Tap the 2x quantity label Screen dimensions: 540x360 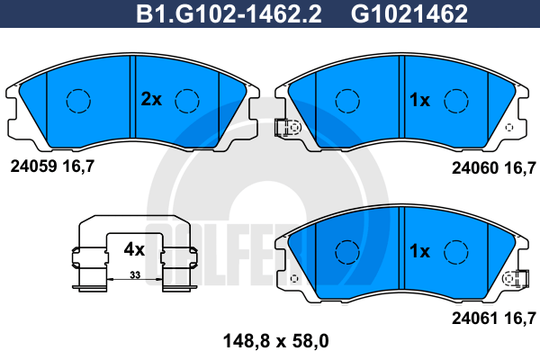pos(150,100)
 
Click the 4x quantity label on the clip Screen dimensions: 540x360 pos(134,247)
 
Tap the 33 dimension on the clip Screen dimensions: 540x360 pos(134,274)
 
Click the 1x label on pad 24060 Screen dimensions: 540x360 pos(419,101)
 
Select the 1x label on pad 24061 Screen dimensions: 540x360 pos(419,251)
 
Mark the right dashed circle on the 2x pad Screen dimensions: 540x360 pos(186,100)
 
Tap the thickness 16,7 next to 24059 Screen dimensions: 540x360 pos(78,166)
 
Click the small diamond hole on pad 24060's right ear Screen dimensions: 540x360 pos(510,127)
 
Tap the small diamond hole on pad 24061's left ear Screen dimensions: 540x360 pos(292,277)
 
